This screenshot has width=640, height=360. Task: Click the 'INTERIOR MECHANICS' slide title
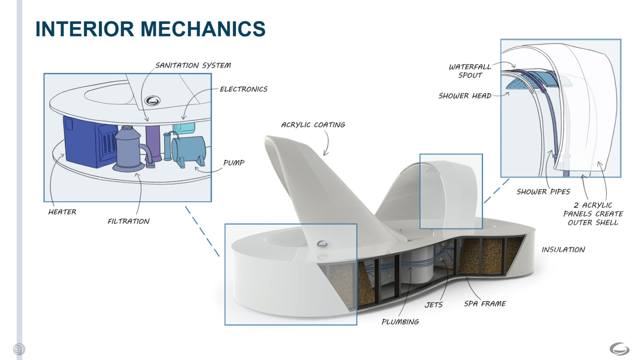tap(150, 29)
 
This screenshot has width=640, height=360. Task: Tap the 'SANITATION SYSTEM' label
tap(193, 65)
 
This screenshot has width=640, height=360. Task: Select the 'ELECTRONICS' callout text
tap(244, 89)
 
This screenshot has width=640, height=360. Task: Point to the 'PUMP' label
tap(234, 163)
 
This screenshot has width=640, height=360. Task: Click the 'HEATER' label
tap(62, 212)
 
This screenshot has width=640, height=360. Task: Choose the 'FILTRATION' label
tap(128, 221)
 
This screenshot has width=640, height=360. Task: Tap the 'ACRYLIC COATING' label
tap(313, 125)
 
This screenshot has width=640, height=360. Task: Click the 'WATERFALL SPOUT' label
tap(470, 71)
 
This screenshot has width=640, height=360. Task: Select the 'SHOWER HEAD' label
tap(465, 96)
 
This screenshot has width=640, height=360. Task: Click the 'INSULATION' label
tap(563, 250)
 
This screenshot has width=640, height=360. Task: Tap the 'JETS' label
tap(433, 305)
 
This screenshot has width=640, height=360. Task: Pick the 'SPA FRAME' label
tap(485, 304)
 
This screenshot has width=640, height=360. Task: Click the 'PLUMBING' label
tap(400, 321)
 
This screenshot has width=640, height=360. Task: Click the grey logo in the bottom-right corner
tap(619, 348)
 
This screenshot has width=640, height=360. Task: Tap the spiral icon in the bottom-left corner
tap(19, 349)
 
